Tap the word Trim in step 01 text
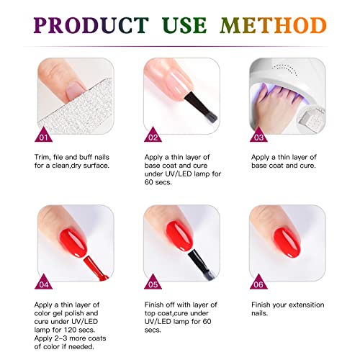(x=44, y=156)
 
